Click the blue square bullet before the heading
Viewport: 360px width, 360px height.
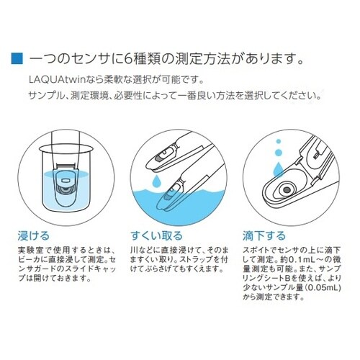pyautogui.click(x=17, y=58)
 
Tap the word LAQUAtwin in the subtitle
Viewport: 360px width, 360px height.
pyautogui.click(x=57, y=79)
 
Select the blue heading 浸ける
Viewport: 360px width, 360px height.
pyautogui.click(x=33, y=235)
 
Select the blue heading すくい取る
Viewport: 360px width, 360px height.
pyautogui.click(x=156, y=235)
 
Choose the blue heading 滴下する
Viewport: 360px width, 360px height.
pyautogui.click(x=264, y=235)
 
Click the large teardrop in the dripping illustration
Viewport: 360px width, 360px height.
pyautogui.click(x=278, y=168)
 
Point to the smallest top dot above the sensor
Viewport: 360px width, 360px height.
pyautogui.click(x=279, y=141)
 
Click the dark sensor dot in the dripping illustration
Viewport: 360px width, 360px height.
pyautogui.click(x=287, y=190)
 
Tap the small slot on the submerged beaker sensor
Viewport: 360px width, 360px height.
pyautogui.click(x=66, y=179)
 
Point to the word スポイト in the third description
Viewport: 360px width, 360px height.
pyautogui.click(x=257, y=250)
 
